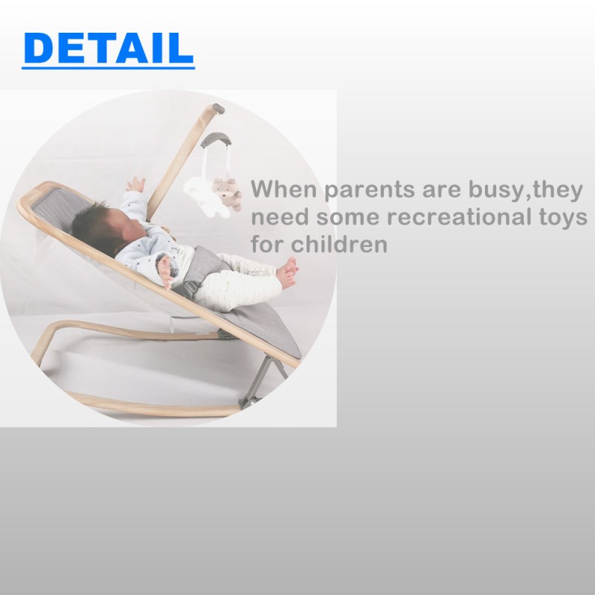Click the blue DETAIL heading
108,48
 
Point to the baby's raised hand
135,184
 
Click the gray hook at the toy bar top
215,139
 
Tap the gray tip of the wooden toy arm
216,109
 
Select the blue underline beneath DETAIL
108,68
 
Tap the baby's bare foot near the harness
165,273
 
